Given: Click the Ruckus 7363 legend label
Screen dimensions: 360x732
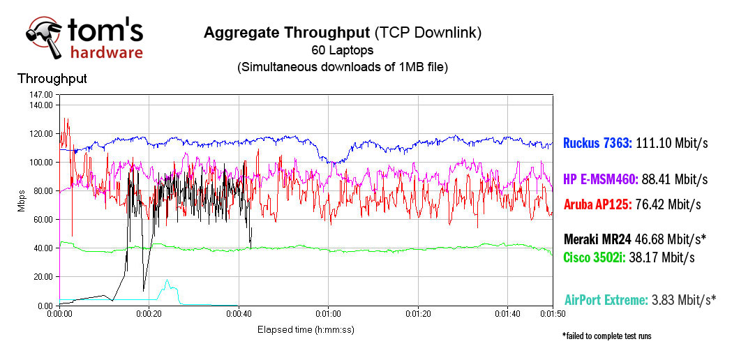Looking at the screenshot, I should click(x=599, y=144).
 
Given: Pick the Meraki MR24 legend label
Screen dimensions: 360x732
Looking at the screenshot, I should click(x=597, y=239).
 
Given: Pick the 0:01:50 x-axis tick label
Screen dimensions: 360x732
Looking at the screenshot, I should click(x=551, y=315).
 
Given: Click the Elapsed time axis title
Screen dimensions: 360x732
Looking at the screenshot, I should click(x=306, y=329).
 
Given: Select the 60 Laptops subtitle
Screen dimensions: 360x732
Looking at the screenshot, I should click(x=342, y=50).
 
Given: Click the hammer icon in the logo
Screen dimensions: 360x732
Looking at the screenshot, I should click(x=43, y=36).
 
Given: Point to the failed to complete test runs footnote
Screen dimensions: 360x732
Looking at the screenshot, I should click(x=606, y=336).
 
